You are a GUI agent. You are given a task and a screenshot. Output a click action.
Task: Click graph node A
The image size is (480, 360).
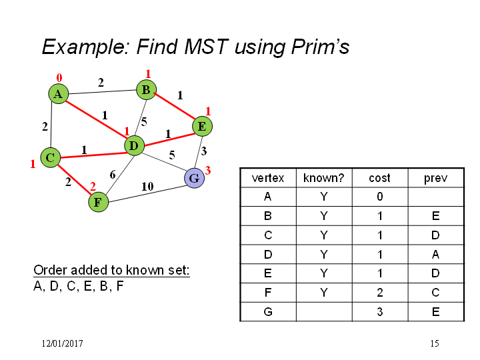pos(58,94)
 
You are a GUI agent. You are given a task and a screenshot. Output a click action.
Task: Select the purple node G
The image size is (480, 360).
pos(195,178)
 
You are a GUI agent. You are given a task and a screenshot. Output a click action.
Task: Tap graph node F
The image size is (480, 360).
pos(98,202)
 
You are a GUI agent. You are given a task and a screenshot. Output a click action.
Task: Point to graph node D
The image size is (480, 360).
pos(134,145)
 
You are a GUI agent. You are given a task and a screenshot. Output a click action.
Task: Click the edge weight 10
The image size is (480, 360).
pos(147,186)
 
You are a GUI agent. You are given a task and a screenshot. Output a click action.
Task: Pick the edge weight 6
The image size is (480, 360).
pos(113,175)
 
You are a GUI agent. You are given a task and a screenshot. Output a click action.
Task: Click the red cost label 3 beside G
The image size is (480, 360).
pos(208,170)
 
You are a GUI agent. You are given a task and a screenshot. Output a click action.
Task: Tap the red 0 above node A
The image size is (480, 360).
pos(59,78)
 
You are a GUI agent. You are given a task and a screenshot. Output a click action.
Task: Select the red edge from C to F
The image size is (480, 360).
pos(75,179)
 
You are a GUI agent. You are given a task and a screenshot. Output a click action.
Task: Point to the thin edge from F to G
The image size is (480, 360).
pos(147,194)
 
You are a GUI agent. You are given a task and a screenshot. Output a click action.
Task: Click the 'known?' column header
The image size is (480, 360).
pos(324,178)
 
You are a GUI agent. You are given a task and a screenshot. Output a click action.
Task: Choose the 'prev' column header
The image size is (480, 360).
pos(435,178)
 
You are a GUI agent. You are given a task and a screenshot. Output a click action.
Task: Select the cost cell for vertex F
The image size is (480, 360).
pos(380,293)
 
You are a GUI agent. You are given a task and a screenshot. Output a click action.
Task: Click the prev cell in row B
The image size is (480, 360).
pos(436,216)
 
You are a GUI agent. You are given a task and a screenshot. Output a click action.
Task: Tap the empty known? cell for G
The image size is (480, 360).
pos(324,312)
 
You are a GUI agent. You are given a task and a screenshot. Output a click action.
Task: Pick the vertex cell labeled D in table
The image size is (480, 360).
pos(268,255)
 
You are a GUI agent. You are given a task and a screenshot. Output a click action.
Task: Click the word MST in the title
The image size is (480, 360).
pos(206,47)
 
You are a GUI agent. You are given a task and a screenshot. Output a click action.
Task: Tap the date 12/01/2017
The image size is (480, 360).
pos(62,343)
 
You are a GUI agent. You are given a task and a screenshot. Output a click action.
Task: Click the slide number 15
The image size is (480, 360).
pos(435,343)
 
